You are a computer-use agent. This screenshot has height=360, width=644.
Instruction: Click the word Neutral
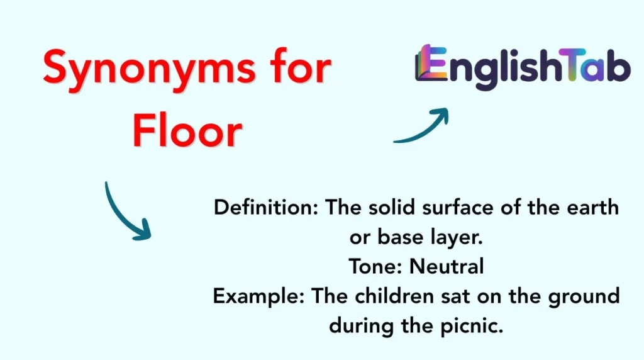pos(447,266)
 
